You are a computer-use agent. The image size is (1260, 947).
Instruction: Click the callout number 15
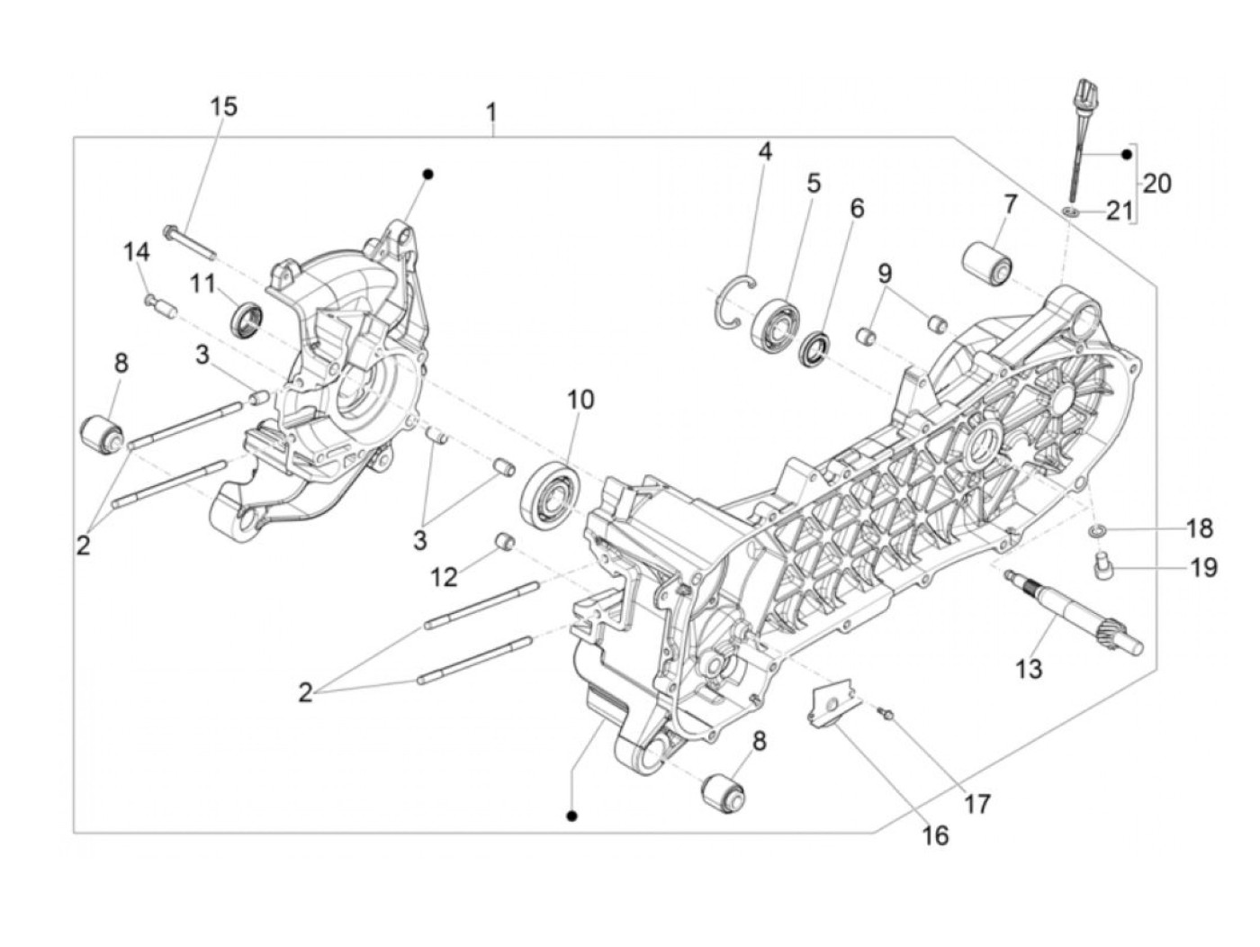tap(224, 106)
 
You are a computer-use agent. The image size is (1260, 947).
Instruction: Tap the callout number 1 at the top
tap(491, 113)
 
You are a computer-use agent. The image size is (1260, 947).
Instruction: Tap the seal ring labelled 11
tap(248, 318)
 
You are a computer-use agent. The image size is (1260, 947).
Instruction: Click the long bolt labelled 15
tap(190, 241)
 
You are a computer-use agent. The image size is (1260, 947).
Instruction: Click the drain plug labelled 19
tap(1102, 566)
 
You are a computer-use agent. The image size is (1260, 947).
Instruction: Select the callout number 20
tap(1157, 184)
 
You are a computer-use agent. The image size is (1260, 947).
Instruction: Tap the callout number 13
tap(1028, 669)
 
